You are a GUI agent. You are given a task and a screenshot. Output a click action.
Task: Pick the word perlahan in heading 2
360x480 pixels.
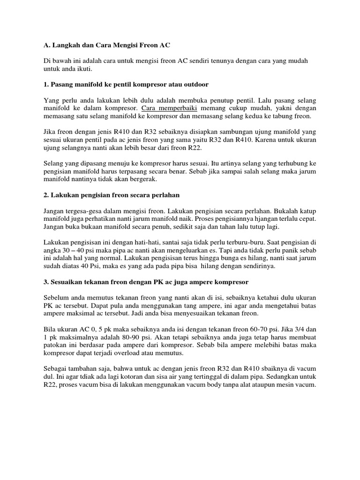(166, 194)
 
